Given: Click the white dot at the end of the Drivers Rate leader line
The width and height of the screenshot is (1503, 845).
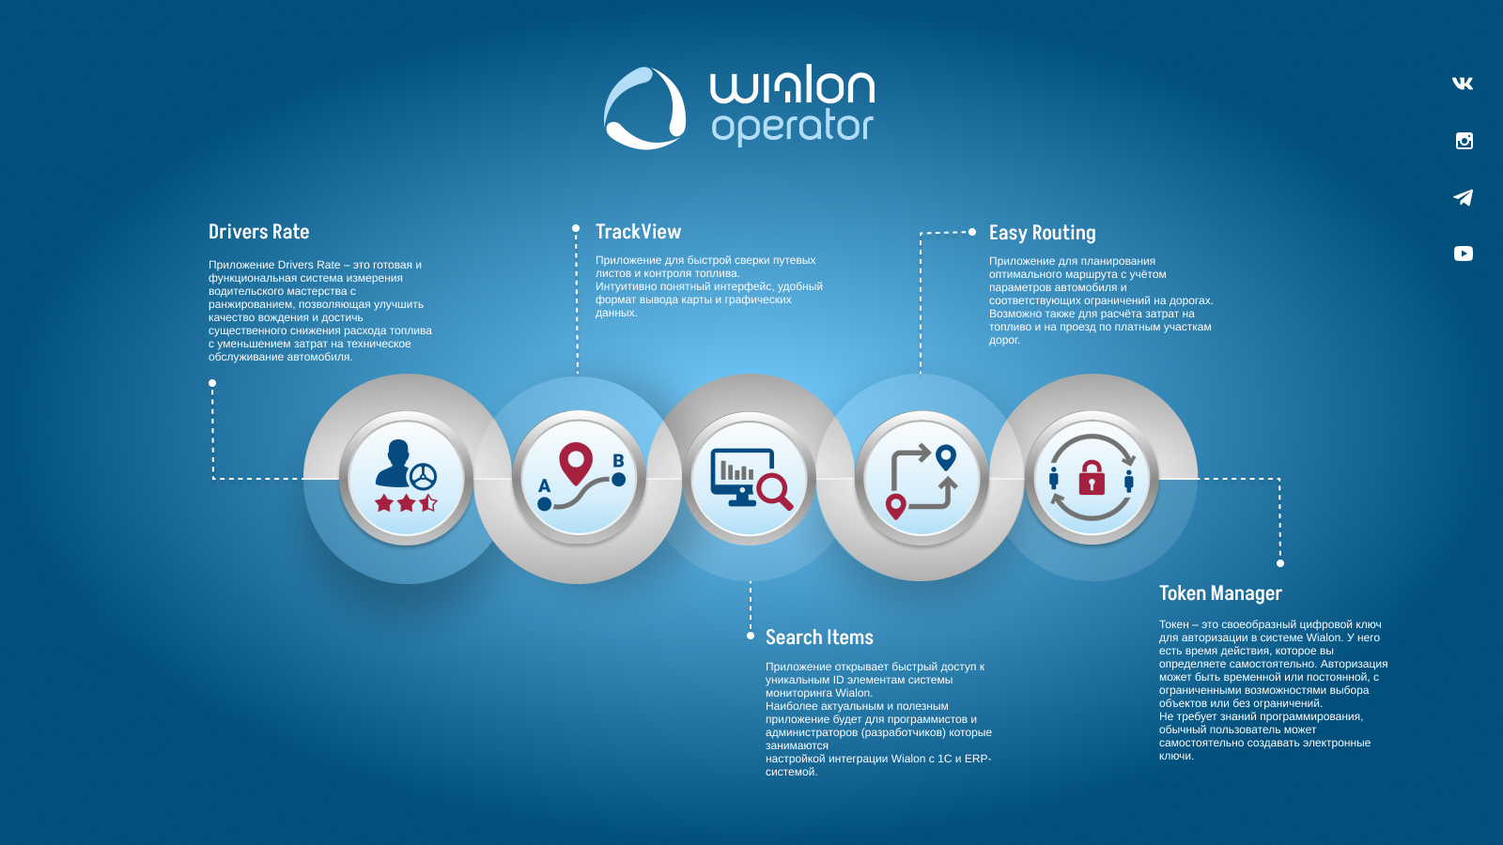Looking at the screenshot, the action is [212, 383].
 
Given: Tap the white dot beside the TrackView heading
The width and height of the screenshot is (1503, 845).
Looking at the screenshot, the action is [576, 228].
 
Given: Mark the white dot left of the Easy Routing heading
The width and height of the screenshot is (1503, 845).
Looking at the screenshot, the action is [971, 232].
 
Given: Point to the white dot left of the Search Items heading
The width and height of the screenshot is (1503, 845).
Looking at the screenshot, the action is [751, 636].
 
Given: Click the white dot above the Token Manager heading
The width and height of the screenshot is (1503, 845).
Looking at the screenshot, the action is [1279, 563].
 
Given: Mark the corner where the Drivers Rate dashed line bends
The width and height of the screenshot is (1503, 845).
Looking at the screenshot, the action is [213, 478].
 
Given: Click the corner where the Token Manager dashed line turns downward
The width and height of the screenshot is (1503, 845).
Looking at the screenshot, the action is [1279, 479].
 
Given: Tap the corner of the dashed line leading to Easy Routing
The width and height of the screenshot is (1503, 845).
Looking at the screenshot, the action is [921, 233].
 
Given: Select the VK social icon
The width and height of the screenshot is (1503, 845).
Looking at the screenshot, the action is [1463, 84].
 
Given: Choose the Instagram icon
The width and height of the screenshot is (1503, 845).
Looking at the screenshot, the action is [1464, 141].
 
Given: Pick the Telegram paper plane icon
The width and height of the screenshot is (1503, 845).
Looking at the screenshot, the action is [1463, 197].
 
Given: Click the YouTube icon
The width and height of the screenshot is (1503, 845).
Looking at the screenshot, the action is [1464, 253].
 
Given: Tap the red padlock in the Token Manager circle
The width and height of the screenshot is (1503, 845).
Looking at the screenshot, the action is [1092, 478].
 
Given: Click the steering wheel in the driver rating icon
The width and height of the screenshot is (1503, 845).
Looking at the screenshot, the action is [423, 477].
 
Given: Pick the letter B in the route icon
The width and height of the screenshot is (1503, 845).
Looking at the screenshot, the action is [619, 461].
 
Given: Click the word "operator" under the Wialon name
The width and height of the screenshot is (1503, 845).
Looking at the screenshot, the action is [793, 128].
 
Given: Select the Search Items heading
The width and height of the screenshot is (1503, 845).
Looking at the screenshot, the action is [819, 638].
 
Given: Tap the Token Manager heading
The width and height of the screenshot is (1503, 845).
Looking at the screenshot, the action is [1220, 593].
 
